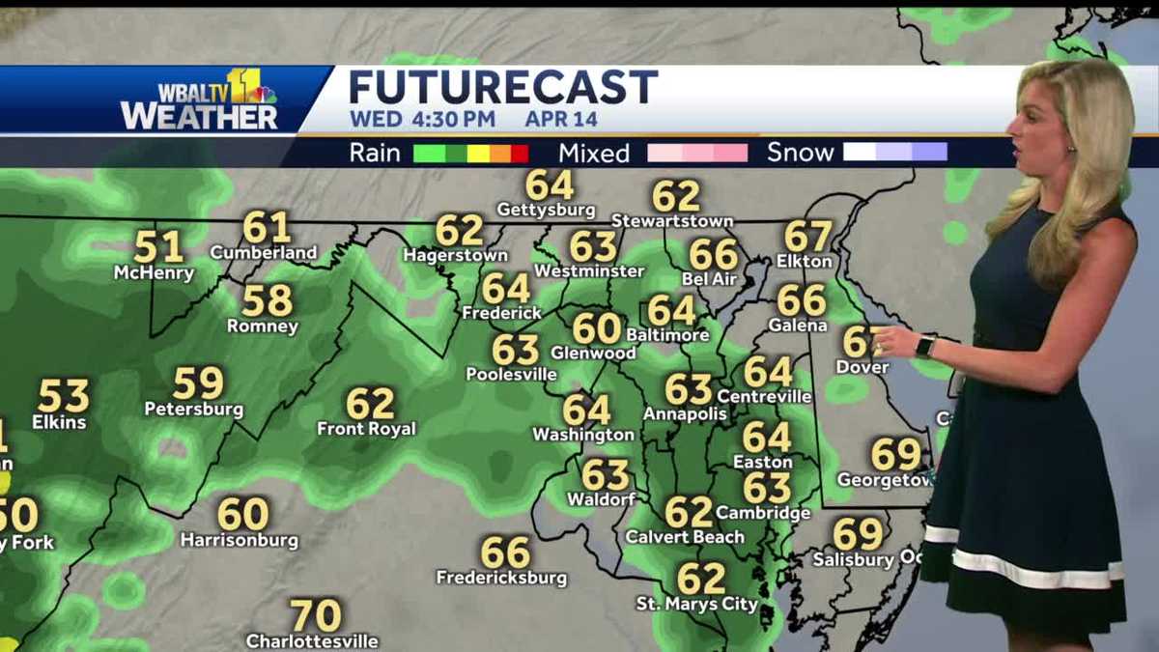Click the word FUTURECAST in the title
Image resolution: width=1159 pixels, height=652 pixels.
point(502,87)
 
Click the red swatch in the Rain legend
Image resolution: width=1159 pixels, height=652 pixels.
point(520,153)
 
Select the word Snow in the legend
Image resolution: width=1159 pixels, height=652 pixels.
point(801,153)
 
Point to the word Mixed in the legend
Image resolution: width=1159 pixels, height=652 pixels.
point(593,153)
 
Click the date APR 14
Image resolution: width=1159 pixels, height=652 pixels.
point(561,120)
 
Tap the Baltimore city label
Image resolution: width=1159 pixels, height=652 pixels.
point(667,335)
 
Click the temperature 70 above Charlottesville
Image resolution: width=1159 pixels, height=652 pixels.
point(316,615)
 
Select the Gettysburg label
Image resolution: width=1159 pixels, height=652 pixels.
point(546,210)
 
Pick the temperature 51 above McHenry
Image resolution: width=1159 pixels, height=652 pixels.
point(158,246)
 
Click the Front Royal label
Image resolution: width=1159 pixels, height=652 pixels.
point(366,429)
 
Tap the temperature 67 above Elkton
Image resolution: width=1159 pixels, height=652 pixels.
point(807,236)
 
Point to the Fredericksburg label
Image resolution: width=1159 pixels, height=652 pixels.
point(501,579)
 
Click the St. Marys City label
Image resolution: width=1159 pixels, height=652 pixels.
point(696,605)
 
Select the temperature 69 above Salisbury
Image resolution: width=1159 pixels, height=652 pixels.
point(858,534)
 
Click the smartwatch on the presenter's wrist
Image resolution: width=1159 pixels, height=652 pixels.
point(925,346)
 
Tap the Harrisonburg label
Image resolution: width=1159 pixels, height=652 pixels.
point(240,541)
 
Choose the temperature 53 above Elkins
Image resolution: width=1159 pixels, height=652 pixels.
point(64,396)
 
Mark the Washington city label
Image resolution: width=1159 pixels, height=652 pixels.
point(583,436)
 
